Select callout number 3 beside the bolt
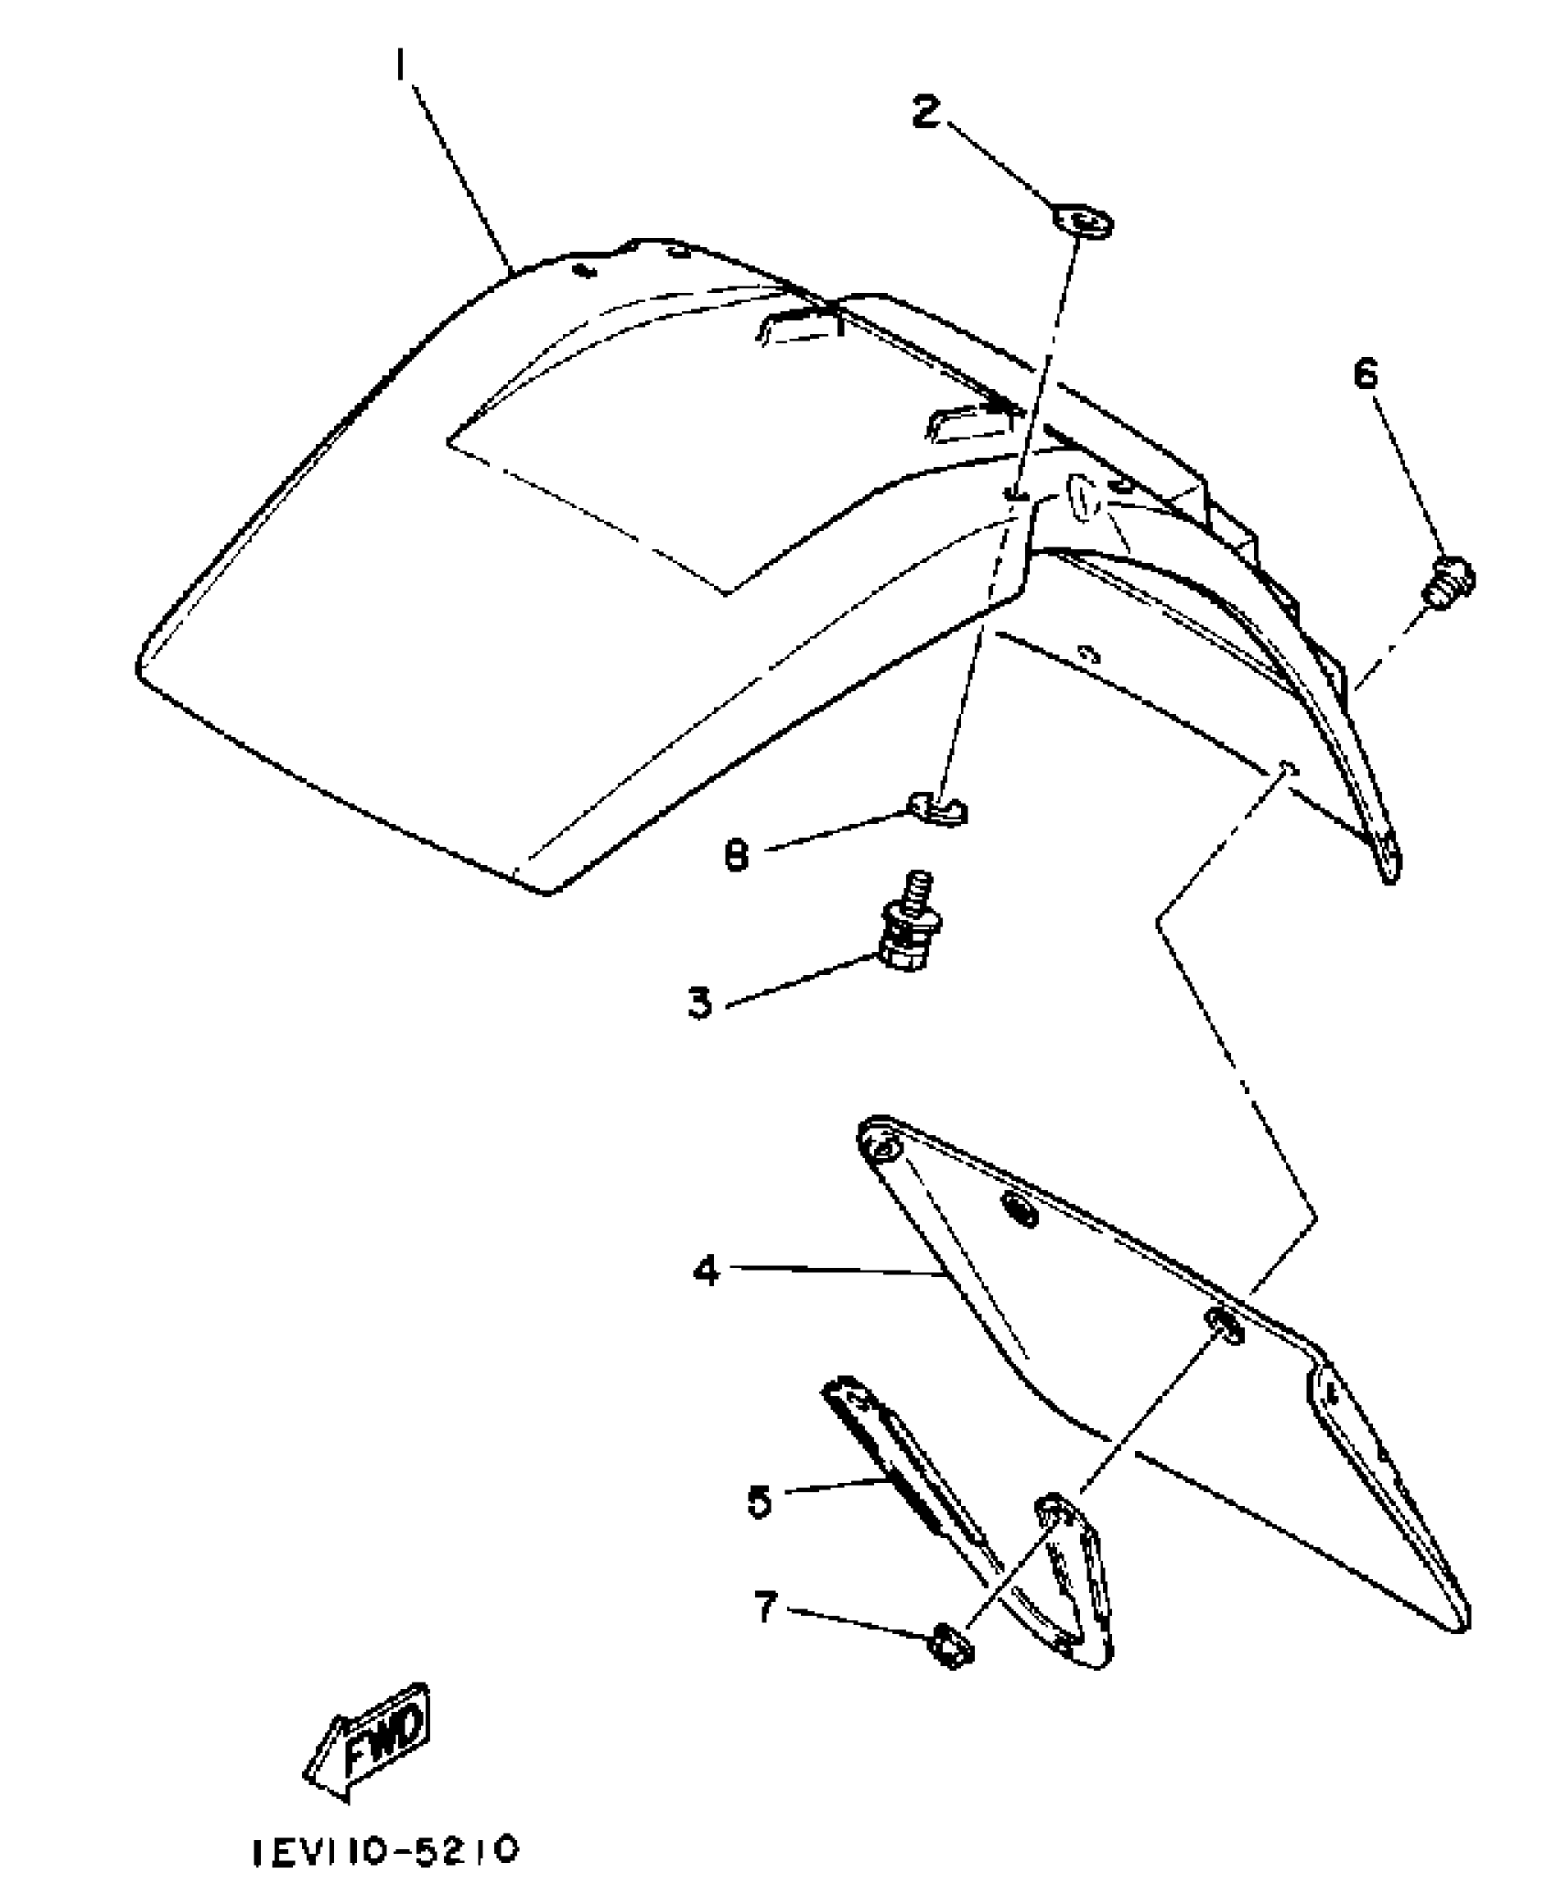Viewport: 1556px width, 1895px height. (699, 1002)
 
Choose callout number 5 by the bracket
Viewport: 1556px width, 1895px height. (760, 1501)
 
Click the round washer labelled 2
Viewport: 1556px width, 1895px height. (1083, 222)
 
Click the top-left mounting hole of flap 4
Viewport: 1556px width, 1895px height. (882, 1148)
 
